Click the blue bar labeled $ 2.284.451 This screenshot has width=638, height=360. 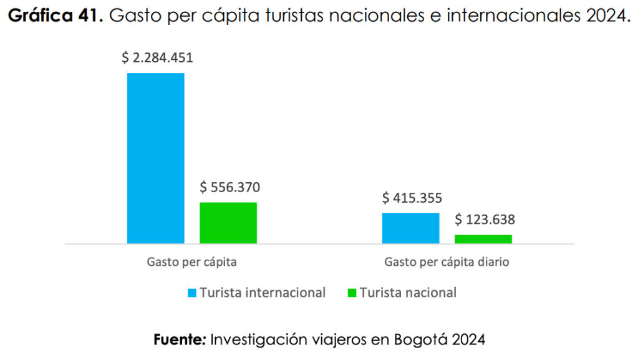click(155, 158)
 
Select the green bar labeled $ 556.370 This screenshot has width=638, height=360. click(228, 223)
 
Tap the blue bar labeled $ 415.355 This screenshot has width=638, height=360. click(410, 228)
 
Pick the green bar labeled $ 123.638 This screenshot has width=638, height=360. click(483, 239)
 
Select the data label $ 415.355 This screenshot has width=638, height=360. click(412, 198)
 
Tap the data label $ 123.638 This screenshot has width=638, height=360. click(485, 220)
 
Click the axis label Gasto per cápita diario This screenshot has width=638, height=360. click(447, 262)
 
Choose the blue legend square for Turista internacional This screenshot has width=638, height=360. click(192, 293)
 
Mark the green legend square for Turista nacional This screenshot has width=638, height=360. click(352, 293)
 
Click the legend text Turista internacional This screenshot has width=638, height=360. click(263, 293)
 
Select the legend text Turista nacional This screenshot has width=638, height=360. click(408, 293)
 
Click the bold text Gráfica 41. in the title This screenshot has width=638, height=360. click(55, 16)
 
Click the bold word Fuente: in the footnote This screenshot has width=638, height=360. click(180, 341)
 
